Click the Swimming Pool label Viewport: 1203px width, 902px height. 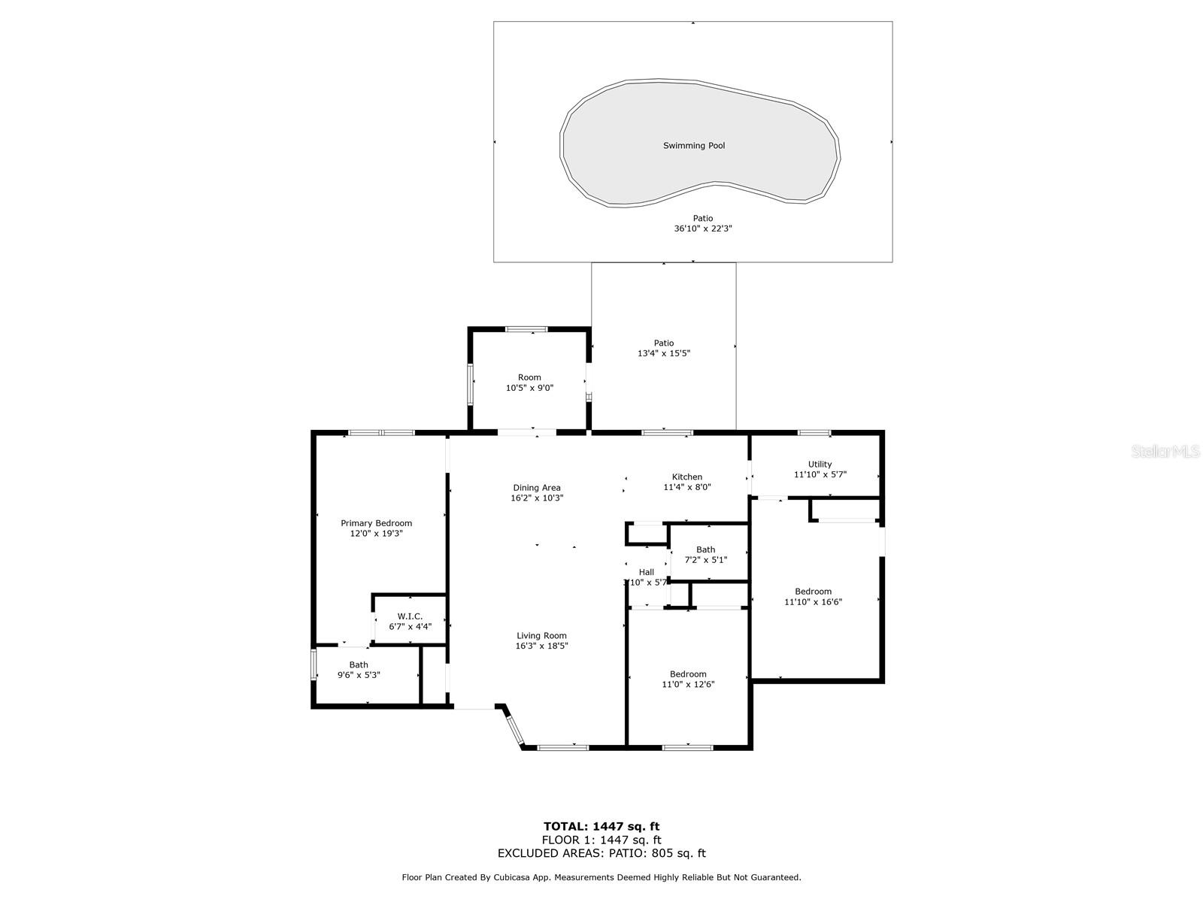point(693,146)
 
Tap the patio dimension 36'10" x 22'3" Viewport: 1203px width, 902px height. point(702,229)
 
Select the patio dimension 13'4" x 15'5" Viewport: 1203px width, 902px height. point(663,353)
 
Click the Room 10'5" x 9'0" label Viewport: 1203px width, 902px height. point(529,377)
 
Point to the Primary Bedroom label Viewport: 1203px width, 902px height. point(376,523)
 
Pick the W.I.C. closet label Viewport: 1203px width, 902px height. point(410,616)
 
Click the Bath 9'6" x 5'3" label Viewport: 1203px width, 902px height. point(359,664)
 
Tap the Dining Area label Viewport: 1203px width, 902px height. point(537,488)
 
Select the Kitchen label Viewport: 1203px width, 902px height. point(686,477)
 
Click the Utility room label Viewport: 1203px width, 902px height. point(820,465)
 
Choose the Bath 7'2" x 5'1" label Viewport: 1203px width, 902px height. point(705,549)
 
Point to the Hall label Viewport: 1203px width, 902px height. point(646,572)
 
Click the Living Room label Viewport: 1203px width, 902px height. point(541,636)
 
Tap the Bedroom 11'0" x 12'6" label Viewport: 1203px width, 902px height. point(688,674)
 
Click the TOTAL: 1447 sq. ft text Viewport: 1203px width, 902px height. point(601,826)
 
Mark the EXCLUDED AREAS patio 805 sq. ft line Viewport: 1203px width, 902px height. point(601,853)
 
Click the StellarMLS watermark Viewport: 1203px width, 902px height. point(1165,452)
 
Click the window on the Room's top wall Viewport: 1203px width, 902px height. point(526,328)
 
